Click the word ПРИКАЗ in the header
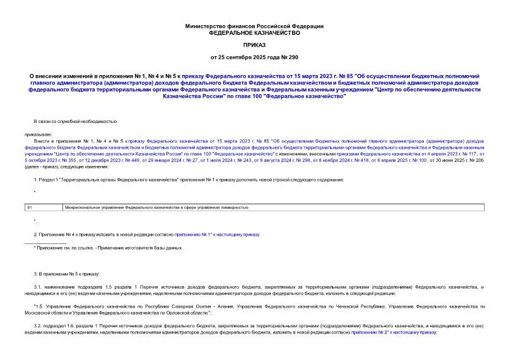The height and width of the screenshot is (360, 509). click(x=254, y=45)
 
